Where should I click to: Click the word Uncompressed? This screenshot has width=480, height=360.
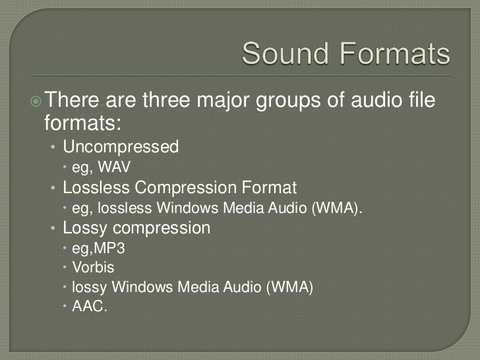[x=121, y=146]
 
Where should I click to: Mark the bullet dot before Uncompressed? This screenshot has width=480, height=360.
[x=54, y=146]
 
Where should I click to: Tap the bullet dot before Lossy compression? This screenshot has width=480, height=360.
[x=54, y=229]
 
